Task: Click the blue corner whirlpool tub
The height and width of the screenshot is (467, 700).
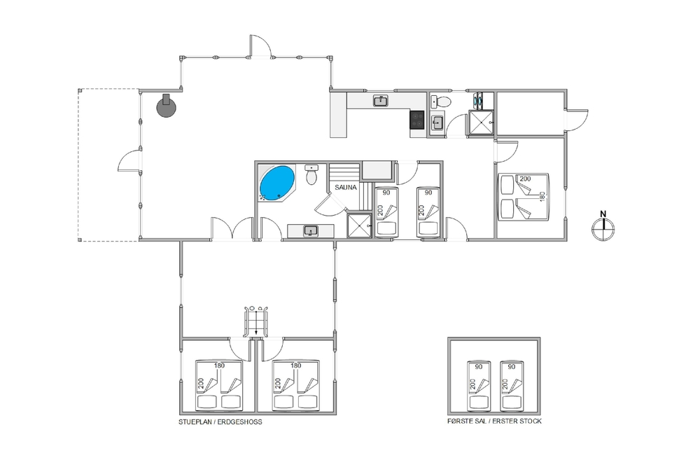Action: [x=276, y=183]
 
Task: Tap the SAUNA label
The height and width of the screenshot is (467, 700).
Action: [x=346, y=188]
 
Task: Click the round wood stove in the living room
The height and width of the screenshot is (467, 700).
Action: [x=166, y=106]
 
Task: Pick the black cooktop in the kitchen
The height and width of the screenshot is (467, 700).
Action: [x=417, y=120]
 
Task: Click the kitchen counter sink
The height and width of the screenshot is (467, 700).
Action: [x=380, y=101]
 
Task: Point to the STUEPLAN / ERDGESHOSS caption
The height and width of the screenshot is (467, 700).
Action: [x=220, y=422]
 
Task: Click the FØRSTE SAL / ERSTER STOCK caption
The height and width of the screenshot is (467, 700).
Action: [x=494, y=421]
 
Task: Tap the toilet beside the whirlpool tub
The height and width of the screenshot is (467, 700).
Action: [x=311, y=174]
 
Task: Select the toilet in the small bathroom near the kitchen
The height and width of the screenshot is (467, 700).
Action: [x=442, y=102]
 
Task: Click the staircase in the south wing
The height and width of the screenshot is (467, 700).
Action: [x=255, y=321]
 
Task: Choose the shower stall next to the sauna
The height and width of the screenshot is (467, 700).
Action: [x=359, y=226]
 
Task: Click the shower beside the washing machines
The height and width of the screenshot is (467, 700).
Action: [x=481, y=122]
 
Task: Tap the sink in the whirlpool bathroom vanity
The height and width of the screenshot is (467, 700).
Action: [x=310, y=231]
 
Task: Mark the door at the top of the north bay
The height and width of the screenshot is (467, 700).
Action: [x=260, y=46]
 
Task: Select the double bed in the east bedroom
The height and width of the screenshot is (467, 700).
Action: [x=524, y=197]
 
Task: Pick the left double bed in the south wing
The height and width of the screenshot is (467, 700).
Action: [x=218, y=385]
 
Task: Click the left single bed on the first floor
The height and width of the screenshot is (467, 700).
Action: [x=479, y=386]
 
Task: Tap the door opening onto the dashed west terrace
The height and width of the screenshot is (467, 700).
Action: [x=129, y=160]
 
